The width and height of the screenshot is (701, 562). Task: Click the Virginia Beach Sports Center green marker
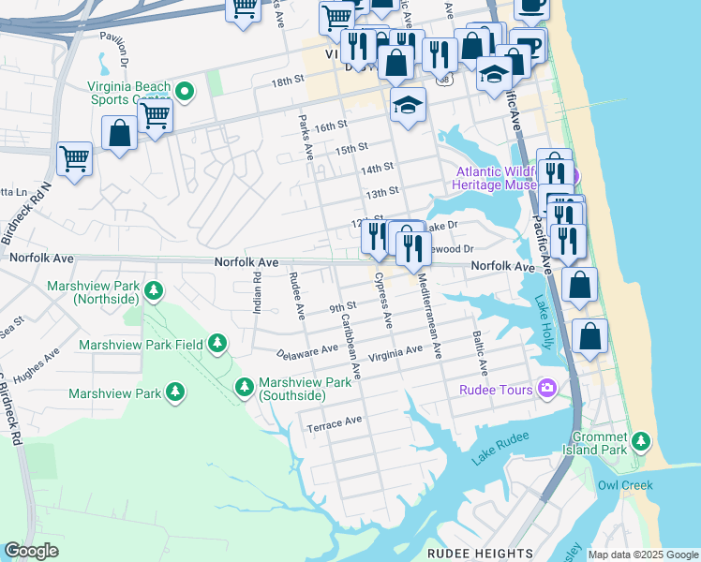(185, 91)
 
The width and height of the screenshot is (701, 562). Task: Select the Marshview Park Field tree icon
(217, 344)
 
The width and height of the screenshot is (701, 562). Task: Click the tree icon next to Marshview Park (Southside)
(245, 386)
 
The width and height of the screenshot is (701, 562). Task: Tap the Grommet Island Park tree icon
(641, 440)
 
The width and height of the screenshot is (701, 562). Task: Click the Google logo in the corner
(31, 551)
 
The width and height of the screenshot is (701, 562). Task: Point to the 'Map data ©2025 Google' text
(643, 555)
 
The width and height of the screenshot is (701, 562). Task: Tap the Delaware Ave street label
(306, 352)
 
